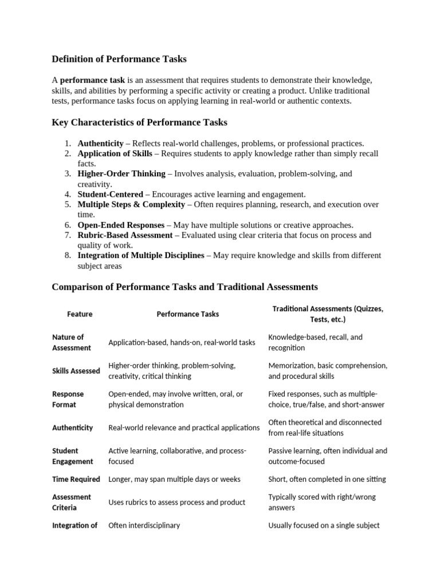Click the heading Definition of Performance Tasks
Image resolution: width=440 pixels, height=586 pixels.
[x=119, y=59]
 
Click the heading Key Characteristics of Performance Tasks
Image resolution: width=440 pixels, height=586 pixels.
[x=139, y=122]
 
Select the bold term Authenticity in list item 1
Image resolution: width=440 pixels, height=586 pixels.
[x=100, y=144]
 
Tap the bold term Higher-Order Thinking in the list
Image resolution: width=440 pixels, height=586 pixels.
[x=121, y=173]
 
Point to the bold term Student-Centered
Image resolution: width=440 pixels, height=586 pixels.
[x=111, y=194]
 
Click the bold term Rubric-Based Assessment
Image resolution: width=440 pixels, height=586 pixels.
[x=125, y=235]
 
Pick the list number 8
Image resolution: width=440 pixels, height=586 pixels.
[x=67, y=255]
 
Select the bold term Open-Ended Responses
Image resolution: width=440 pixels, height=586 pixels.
[x=121, y=225]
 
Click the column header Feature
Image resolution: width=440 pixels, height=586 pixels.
[x=80, y=314]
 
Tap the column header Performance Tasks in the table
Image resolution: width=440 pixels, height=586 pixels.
[x=187, y=314]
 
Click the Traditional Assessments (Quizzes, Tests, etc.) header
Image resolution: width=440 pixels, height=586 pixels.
[x=328, y=314]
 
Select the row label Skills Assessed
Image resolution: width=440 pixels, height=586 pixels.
[x=76, y=371]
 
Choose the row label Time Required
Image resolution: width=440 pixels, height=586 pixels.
[x=76, y=479]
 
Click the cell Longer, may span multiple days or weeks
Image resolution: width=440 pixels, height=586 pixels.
[x=174, y=479]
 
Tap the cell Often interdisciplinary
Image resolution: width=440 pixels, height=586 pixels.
[x=144, y=525]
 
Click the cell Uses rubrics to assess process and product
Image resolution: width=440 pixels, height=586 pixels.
[x=176, y=502]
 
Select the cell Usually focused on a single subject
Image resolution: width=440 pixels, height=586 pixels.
[x=324, y=525]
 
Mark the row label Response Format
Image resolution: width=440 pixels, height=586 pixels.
[x=68, y=399]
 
